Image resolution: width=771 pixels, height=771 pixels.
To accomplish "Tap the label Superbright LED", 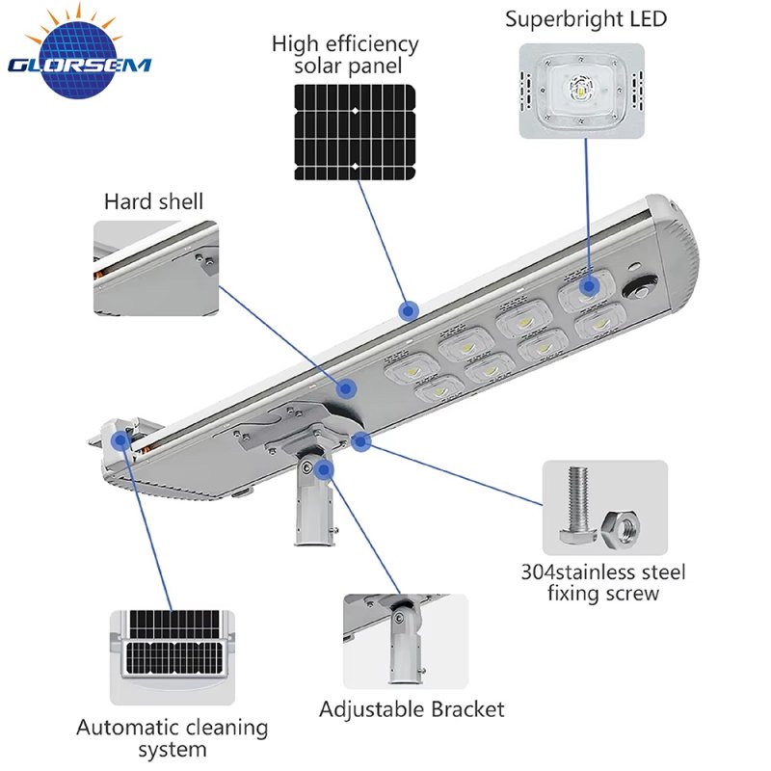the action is pos(586,19).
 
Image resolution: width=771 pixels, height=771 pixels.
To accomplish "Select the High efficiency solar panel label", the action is pos(345,55).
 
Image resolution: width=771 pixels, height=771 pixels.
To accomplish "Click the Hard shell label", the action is pos(153,201).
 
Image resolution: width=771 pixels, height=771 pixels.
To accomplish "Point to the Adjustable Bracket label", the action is pos(412,709).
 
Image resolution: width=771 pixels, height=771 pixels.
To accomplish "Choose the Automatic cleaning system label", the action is pos(173,738).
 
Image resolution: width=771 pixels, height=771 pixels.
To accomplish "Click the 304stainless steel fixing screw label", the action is pos(603,582).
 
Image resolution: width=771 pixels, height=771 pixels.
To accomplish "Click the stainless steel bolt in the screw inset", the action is pos(578,504).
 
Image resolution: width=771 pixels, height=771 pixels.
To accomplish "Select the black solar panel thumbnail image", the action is pos(355,132).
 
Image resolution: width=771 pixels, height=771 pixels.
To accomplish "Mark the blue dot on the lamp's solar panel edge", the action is pos(408,310).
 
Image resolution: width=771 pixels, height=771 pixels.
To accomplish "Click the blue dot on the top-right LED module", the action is pos(589,285).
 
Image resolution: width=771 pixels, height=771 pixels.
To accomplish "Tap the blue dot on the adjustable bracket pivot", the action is pos(324,470).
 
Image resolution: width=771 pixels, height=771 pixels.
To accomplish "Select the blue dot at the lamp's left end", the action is pos(120,440).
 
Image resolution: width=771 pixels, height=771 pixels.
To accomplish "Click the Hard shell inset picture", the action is pos(156,268).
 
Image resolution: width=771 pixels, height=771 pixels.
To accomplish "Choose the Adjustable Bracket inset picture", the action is pos(406,641).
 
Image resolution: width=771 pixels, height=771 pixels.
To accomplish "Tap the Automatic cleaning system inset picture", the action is pos(173,658).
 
